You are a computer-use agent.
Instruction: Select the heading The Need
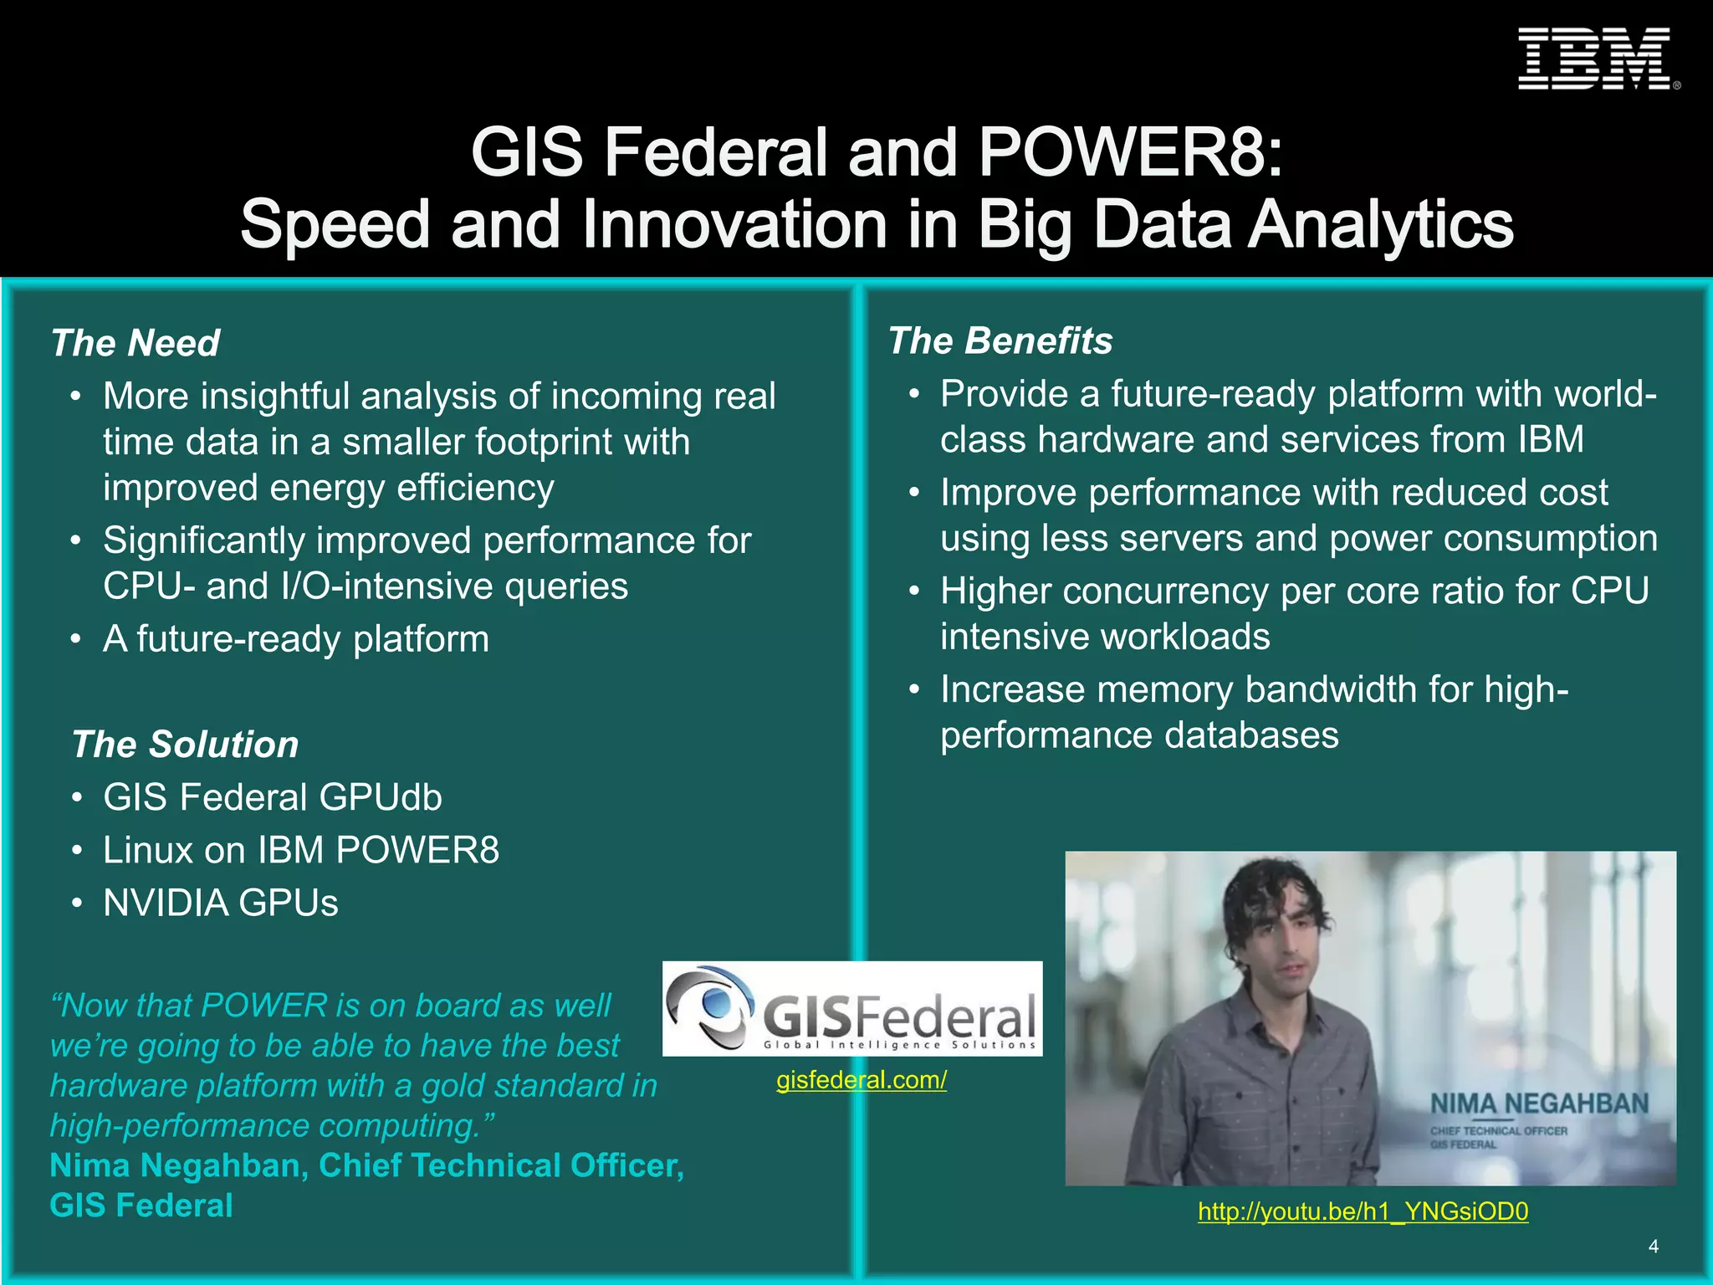point(136,343)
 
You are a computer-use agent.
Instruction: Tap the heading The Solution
point(185,745)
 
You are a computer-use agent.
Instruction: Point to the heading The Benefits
point(1000,340)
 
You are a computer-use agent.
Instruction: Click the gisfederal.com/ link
point(861,1080)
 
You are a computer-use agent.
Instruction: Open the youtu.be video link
point(1363,1211)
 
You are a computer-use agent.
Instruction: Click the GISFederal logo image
point(852,1009)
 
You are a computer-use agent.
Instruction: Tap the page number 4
point(1653,1247)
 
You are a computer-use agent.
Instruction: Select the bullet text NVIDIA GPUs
point(221,903)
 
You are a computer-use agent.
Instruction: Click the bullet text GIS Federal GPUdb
point(273,797)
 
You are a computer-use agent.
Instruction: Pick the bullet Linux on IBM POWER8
point(301,850)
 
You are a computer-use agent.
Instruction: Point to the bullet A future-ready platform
point(296,639)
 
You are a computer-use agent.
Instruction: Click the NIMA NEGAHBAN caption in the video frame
point(1539,1104)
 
